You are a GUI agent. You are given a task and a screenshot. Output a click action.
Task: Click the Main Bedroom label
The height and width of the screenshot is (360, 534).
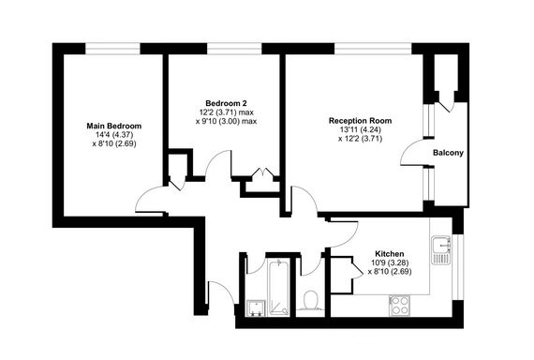point(113,126)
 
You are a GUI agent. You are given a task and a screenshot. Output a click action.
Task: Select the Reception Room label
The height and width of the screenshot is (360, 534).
point(359,121)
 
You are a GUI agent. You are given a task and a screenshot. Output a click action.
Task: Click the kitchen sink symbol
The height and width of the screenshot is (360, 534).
point(440,250)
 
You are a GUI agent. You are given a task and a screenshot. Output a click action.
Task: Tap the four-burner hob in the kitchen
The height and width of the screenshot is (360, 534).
point(400,305)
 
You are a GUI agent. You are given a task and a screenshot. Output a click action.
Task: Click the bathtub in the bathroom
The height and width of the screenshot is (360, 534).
point(279,288)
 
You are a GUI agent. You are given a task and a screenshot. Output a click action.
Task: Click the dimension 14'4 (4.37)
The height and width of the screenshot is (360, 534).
point(113,135)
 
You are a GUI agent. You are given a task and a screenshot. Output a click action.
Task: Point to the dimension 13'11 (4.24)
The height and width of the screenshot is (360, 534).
point(359,130)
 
